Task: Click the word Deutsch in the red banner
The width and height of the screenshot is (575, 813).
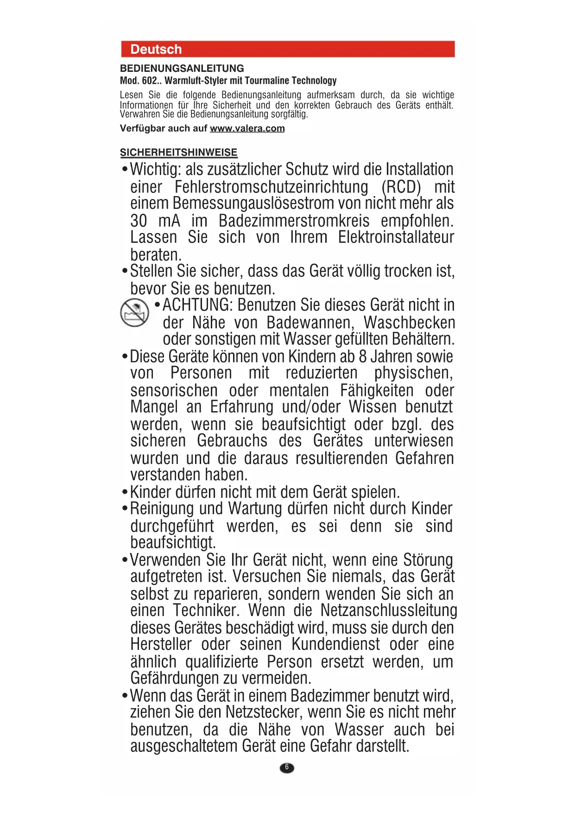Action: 156,49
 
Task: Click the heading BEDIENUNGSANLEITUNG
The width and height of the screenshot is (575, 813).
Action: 182,69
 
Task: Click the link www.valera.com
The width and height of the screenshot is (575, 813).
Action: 247,128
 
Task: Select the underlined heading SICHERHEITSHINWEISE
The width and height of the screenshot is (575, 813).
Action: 178,152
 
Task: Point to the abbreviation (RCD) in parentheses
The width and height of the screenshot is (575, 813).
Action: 401,187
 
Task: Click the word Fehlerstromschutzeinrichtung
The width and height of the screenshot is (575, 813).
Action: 271,187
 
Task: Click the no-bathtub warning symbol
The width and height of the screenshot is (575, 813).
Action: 134,312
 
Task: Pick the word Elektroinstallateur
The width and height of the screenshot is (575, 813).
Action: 396,237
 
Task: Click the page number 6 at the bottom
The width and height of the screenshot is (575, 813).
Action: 287,768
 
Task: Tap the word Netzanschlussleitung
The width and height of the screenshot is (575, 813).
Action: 388,611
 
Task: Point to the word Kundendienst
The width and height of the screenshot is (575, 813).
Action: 335,645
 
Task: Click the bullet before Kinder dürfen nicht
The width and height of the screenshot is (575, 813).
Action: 124,492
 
